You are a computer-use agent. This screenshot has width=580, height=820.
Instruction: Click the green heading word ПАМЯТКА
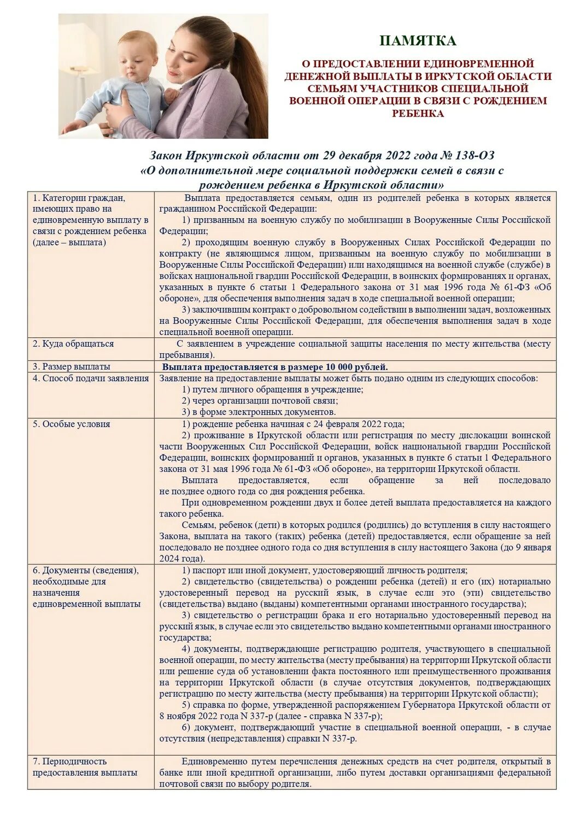point(418,41)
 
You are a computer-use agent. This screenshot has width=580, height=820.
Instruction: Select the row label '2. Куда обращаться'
point(73,344)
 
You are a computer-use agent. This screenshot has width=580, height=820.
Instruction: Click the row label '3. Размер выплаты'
point(71,367)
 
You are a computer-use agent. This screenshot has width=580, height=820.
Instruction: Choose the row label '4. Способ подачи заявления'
point(90,378)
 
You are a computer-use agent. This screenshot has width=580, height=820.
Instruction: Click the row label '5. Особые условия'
point(71,424)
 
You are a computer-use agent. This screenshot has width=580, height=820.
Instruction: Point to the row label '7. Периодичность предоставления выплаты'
point(85,767)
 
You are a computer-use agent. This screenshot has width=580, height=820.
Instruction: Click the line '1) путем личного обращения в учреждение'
point(272,390)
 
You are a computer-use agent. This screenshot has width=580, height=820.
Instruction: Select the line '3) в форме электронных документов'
point(259,412)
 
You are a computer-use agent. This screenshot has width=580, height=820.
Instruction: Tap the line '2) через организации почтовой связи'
point(260,401)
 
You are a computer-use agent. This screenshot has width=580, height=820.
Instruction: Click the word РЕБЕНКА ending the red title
point(418,114)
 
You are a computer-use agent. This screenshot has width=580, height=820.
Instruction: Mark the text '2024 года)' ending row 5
point(182,559)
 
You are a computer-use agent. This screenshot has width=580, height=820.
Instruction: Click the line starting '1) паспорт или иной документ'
point(324,570)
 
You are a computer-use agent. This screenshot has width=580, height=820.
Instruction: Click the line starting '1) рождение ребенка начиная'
point(293,424)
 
